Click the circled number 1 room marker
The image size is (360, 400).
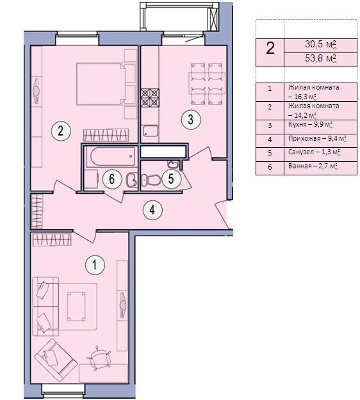pyautogui.click(x=95, y=265)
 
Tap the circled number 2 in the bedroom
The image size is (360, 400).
pyautogui.click(x=61, y=131)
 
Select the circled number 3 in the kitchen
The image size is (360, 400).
pyautogui.click(x=191, y=120)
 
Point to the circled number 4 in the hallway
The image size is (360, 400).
pyautogui.click(x=152, y=210)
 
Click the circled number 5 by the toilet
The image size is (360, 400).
pyautogui.click(x=171, y=179)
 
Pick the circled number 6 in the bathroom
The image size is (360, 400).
pyautogui.click(x=112, y=179)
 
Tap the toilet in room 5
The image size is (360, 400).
pyautogui.click(x=151, y=180)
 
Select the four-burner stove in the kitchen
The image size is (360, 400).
pyautogui.click(x=150, y=97)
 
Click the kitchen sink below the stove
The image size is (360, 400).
pyautogui.click(x=151, y=131)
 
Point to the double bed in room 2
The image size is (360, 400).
pyautogui.click(x=106, y=84)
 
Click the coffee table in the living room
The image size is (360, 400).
pyautogui.click(x=76, y=306)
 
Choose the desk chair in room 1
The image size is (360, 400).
pyautogui.click(x=99, y=358)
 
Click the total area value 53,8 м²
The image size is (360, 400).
pyautogui.click(x=320, y=59)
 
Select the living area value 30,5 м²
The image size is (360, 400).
pyautogui.click(x=320, y=44)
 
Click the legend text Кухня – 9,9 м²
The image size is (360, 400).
pyautogui.click(x=310, y=125)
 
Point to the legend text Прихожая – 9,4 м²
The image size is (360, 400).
pyautogui.click(x=317, y=139)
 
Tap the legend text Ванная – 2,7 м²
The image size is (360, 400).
pyautogui.click(x=313, y=166)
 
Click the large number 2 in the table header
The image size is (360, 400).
pyautogui.click(x=270, y=48)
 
